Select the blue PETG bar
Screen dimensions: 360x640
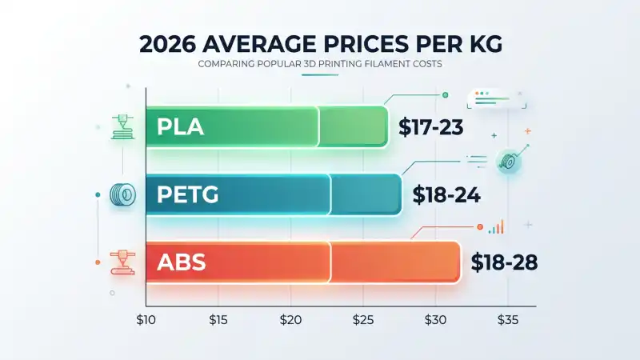pos(272,194)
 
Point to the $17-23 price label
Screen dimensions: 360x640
pos(431,127)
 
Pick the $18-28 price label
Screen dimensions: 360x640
pos(504,262)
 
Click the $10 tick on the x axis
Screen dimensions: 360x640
pos(146,320)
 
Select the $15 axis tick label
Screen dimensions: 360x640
pos(218,320)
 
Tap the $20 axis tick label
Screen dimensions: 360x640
pos(290,320)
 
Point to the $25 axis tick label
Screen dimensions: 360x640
pos(362,320)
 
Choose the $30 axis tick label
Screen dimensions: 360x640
pos(434,320)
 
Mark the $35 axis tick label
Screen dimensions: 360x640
pos(507,320)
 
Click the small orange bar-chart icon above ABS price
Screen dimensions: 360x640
pos(497,228)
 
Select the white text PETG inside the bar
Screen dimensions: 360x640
pos(188,194)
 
